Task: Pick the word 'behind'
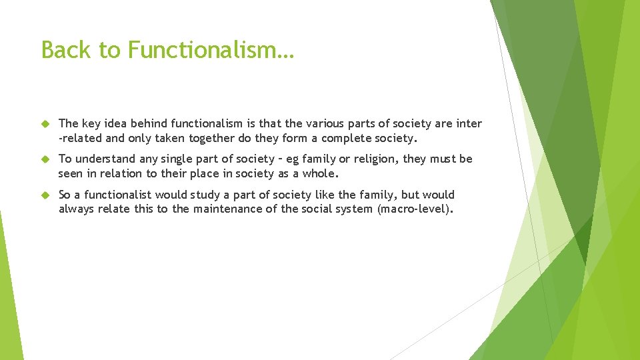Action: (149, 123)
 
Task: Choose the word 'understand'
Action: (108, 159)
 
